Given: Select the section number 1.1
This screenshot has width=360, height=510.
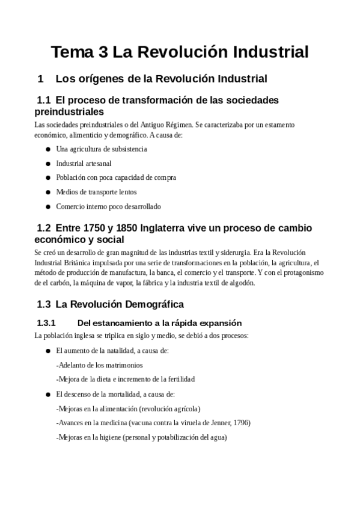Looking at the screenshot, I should pyautogui.click(x=44, y=100).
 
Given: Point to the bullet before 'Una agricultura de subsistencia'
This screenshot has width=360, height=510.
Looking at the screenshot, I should pyautogui.click(x=48, y=149).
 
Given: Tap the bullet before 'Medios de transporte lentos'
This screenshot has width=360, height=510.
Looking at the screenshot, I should pyautogui.click(x=48, y=192).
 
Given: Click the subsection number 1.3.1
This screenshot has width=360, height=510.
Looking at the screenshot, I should pyautogui.click(x=46, y=322).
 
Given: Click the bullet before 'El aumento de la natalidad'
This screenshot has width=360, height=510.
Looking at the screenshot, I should pyautogui.click(x=48, y=351).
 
